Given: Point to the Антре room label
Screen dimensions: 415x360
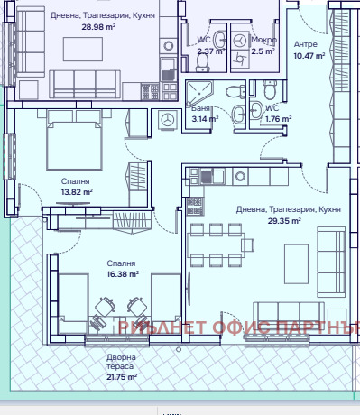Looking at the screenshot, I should pyautogui.click(x=305, y=44).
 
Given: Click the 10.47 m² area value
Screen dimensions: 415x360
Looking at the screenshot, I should pyautogui.click(x=309, y=56).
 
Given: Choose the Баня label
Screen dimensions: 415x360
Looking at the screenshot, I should pyautogui.click(x=200, y=107).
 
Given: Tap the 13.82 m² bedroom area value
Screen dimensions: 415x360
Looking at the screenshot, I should pyautogui.click(x=77, y=191).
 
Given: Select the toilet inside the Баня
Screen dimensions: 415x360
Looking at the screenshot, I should pyautogui.click(x=234, y=91).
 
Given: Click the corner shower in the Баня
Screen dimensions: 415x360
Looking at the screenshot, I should pyautogui.click(x=196, y=91).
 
